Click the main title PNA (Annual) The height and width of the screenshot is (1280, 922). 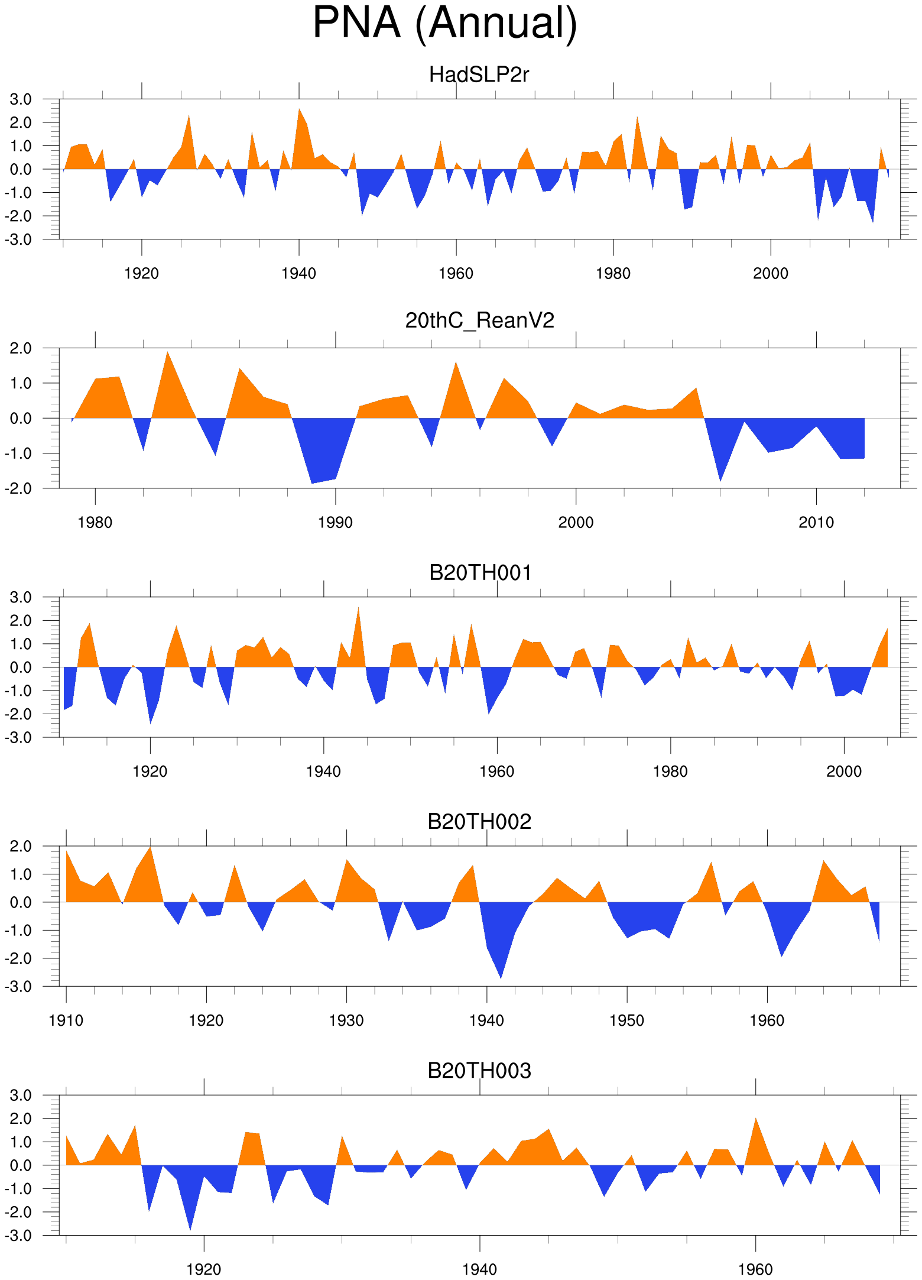coord(444,24)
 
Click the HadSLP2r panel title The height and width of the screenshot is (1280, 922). coord(479,75)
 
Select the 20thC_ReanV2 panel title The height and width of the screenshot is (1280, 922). coord(479,320)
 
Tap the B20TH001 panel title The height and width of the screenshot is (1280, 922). coord(480,573)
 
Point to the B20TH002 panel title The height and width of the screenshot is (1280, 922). coord(479,822)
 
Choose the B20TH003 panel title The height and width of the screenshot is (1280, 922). coord(479,1071)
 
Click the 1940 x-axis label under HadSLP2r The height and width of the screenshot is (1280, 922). coord(298,274)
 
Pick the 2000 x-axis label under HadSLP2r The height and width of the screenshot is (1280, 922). coord(770,274)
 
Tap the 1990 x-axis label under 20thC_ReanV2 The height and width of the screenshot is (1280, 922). coord(335,523)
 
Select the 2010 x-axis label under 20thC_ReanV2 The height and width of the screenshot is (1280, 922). coord(816,523)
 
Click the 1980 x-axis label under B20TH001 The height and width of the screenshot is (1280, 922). coord(670,772)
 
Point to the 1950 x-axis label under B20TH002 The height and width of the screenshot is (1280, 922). coord(626,1020)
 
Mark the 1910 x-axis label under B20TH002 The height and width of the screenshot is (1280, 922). coord(66,1020)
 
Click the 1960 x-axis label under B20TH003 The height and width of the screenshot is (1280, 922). coord(755,1269)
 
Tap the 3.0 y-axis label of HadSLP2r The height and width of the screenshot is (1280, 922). coord(21,99)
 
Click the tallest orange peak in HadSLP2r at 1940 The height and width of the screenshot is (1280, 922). coord(299,112)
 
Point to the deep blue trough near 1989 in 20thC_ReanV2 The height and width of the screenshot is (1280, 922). coord(313,480)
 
